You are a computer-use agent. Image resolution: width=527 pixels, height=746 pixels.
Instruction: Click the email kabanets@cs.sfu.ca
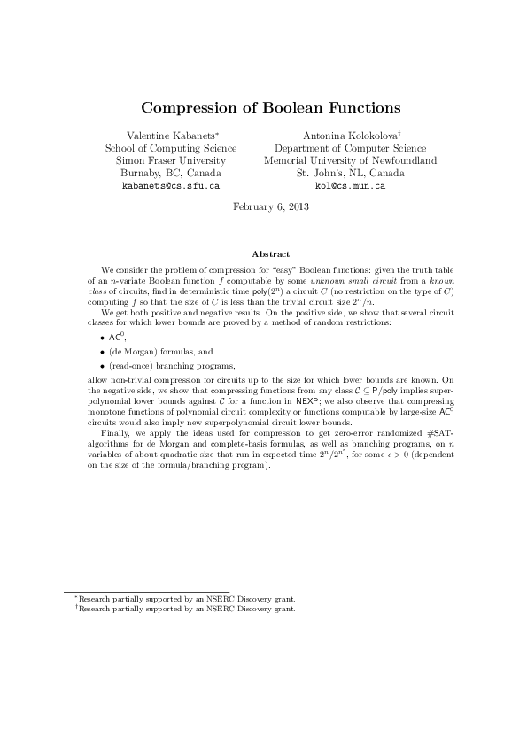click(x=171, y=188)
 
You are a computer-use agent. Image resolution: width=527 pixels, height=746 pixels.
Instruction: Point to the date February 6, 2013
click(x=263, y=206)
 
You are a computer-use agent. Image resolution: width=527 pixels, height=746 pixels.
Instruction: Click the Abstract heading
click(x=264, y=254)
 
